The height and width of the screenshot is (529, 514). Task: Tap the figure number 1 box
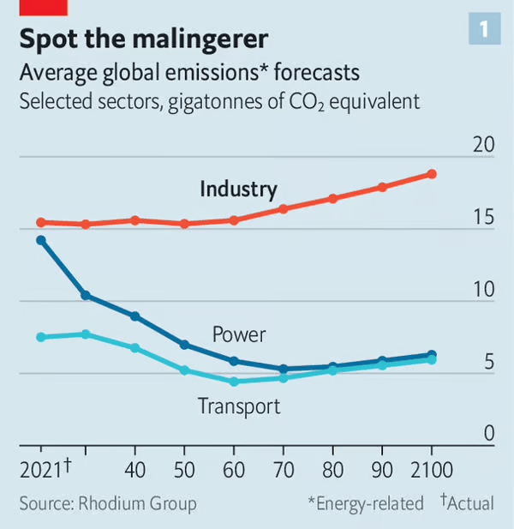point(484,30)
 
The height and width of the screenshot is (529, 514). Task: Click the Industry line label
point(238,189)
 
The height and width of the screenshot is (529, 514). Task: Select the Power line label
point(239,334)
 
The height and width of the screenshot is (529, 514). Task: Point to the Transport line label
point(239,406)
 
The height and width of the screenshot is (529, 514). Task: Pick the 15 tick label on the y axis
point(483,218)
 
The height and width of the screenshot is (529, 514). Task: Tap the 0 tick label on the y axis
point(489,433)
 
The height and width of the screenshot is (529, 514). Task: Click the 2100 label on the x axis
point(431,470)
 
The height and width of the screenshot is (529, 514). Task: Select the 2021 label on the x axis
point(42,470)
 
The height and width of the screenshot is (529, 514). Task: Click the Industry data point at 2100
point(432,174)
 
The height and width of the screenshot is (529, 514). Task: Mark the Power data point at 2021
point(40,240)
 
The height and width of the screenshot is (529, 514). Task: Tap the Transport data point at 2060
point(234,382)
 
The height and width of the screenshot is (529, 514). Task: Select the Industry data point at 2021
point(40,222)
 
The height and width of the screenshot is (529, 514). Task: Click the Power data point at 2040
point(135,316)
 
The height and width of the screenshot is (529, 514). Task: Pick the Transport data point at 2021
point(40,337)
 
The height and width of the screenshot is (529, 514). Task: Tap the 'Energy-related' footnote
point(369,503)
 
